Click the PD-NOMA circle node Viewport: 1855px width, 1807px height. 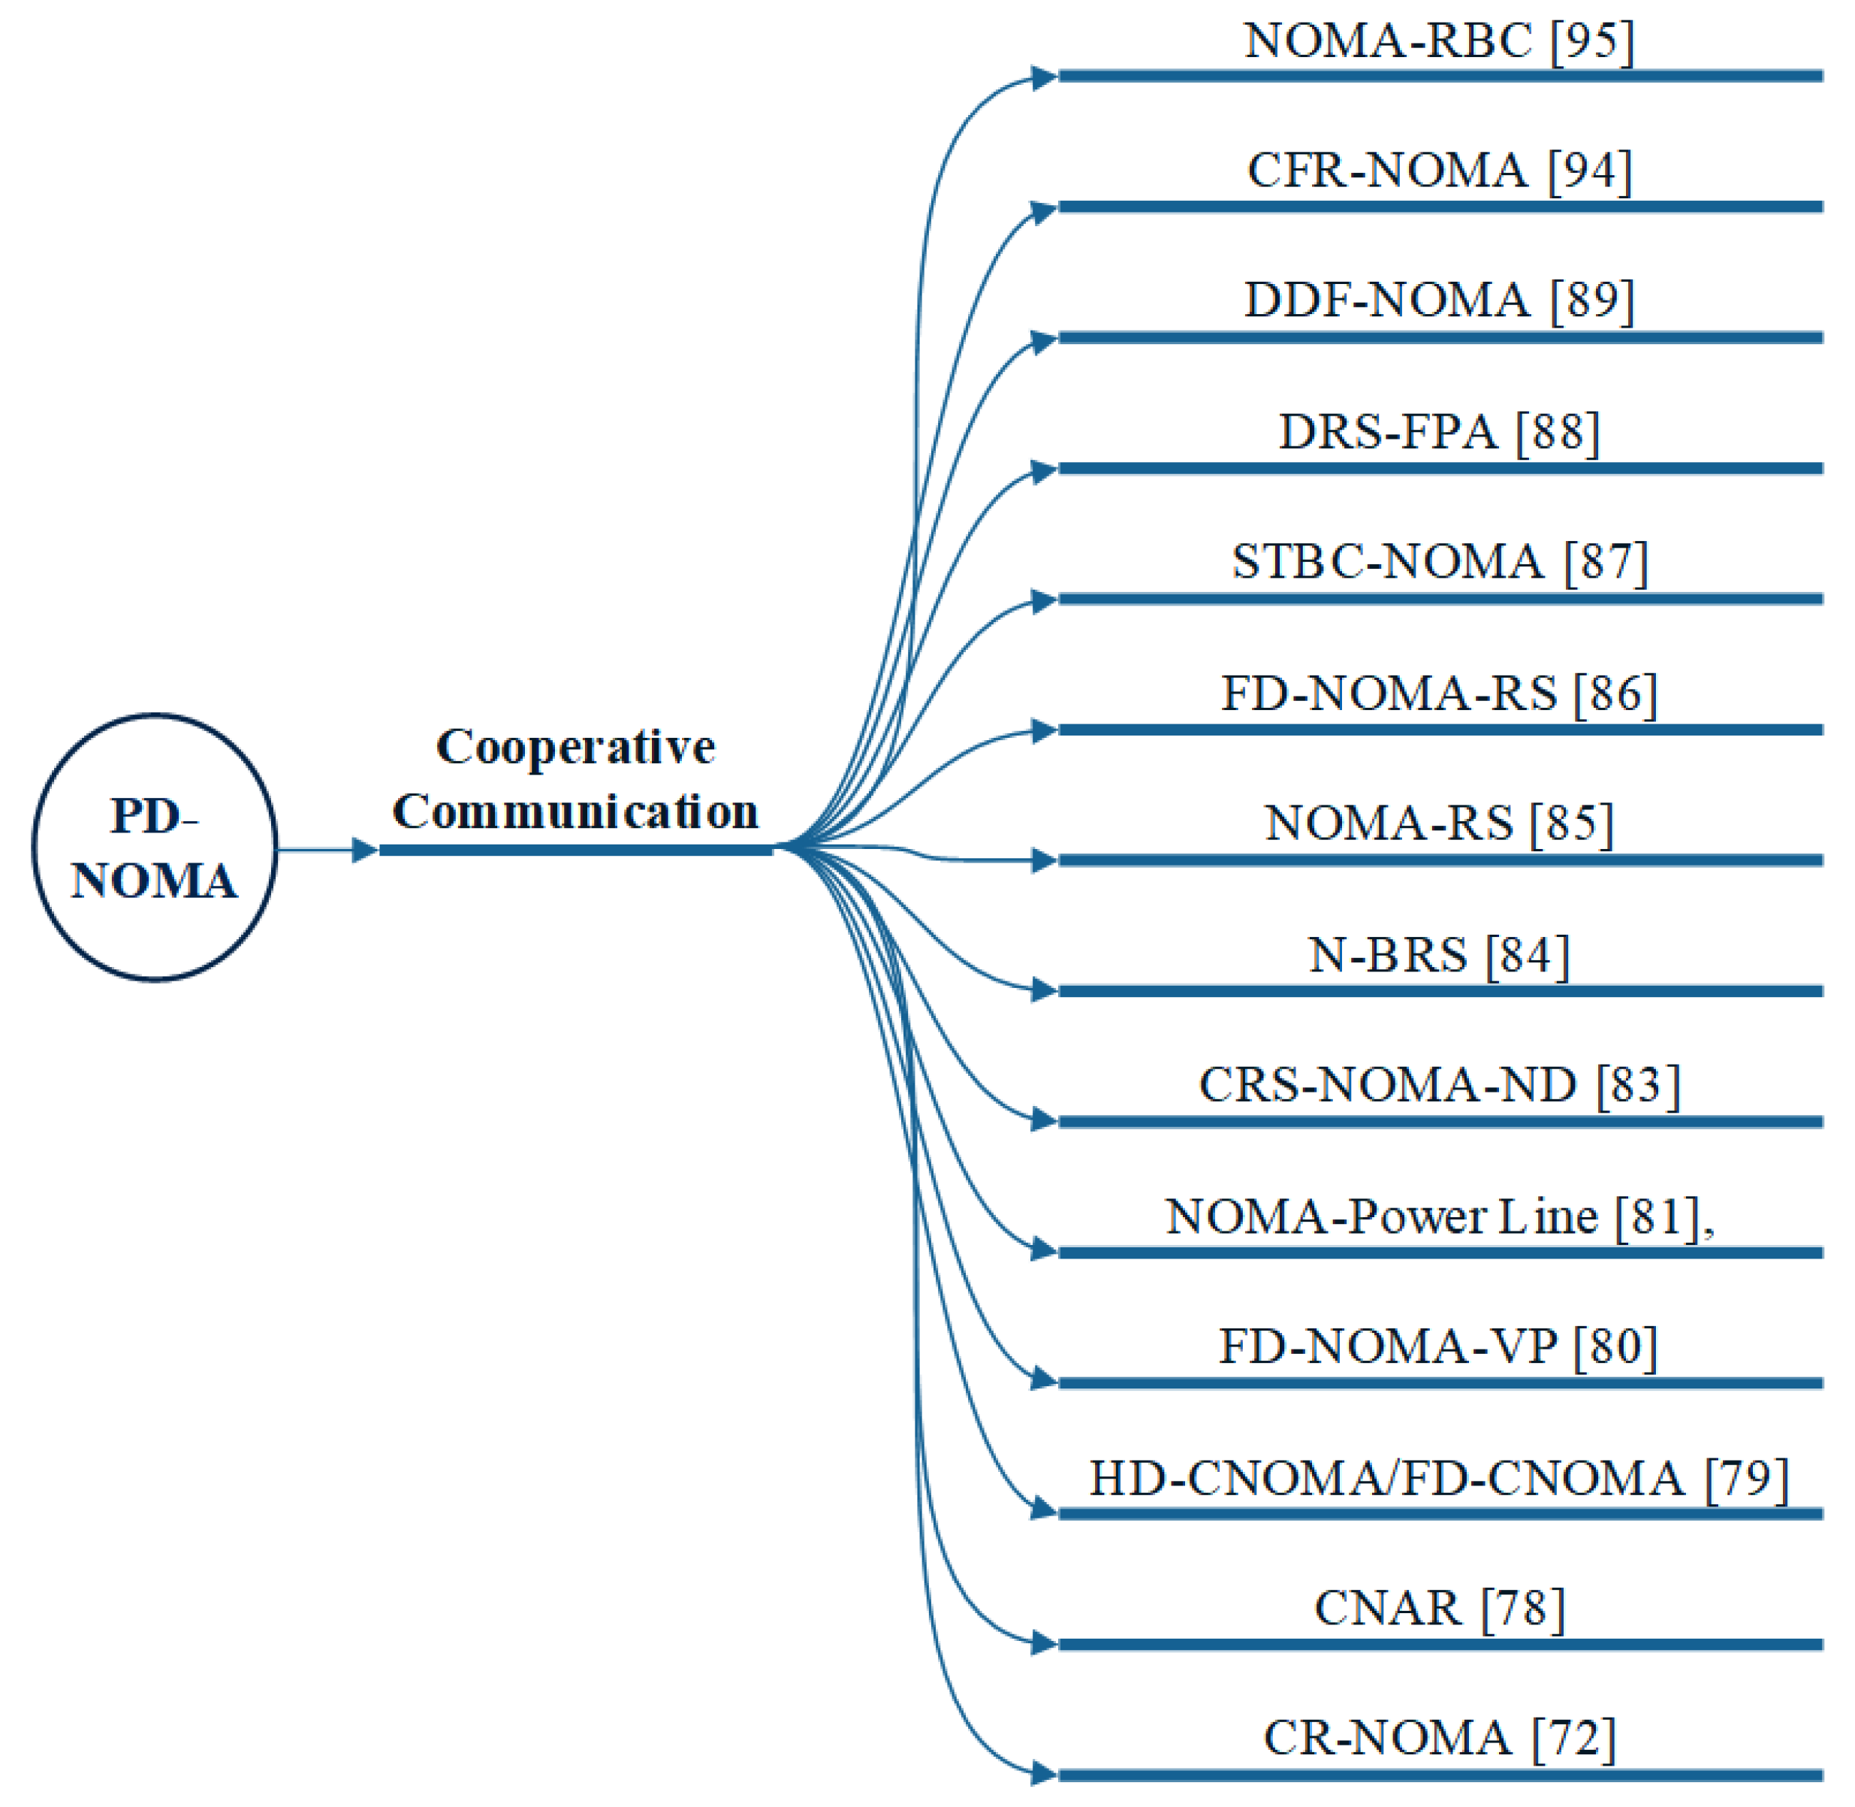(155, 848)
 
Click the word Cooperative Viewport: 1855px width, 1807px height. (575, 747)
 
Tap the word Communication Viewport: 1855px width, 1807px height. (575, 812)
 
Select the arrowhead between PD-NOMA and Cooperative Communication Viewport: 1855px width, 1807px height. (363, 851)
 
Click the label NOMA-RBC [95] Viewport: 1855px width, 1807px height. (1440, 41)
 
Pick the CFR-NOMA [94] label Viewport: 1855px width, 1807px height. (1440, 171)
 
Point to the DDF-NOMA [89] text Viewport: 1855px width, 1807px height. (1440, 301)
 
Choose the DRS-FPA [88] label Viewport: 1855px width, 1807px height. (1440, 432)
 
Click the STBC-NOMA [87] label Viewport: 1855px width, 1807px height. (1440, 562)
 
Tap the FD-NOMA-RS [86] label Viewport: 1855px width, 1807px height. (1440, 693)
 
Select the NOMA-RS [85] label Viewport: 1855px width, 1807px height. (1440, 823)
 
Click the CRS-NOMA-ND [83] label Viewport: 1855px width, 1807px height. (1440, 1085)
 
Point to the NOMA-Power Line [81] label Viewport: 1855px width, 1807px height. (1440, 1216)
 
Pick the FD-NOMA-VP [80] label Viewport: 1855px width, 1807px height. (1440, 1346)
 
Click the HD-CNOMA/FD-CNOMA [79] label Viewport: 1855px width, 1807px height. (1440, 1478)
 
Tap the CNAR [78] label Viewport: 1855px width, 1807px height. (1440, 1608)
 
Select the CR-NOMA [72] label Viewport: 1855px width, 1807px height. (1440, 1738)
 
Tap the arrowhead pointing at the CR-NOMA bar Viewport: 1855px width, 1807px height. (1044, 1773)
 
